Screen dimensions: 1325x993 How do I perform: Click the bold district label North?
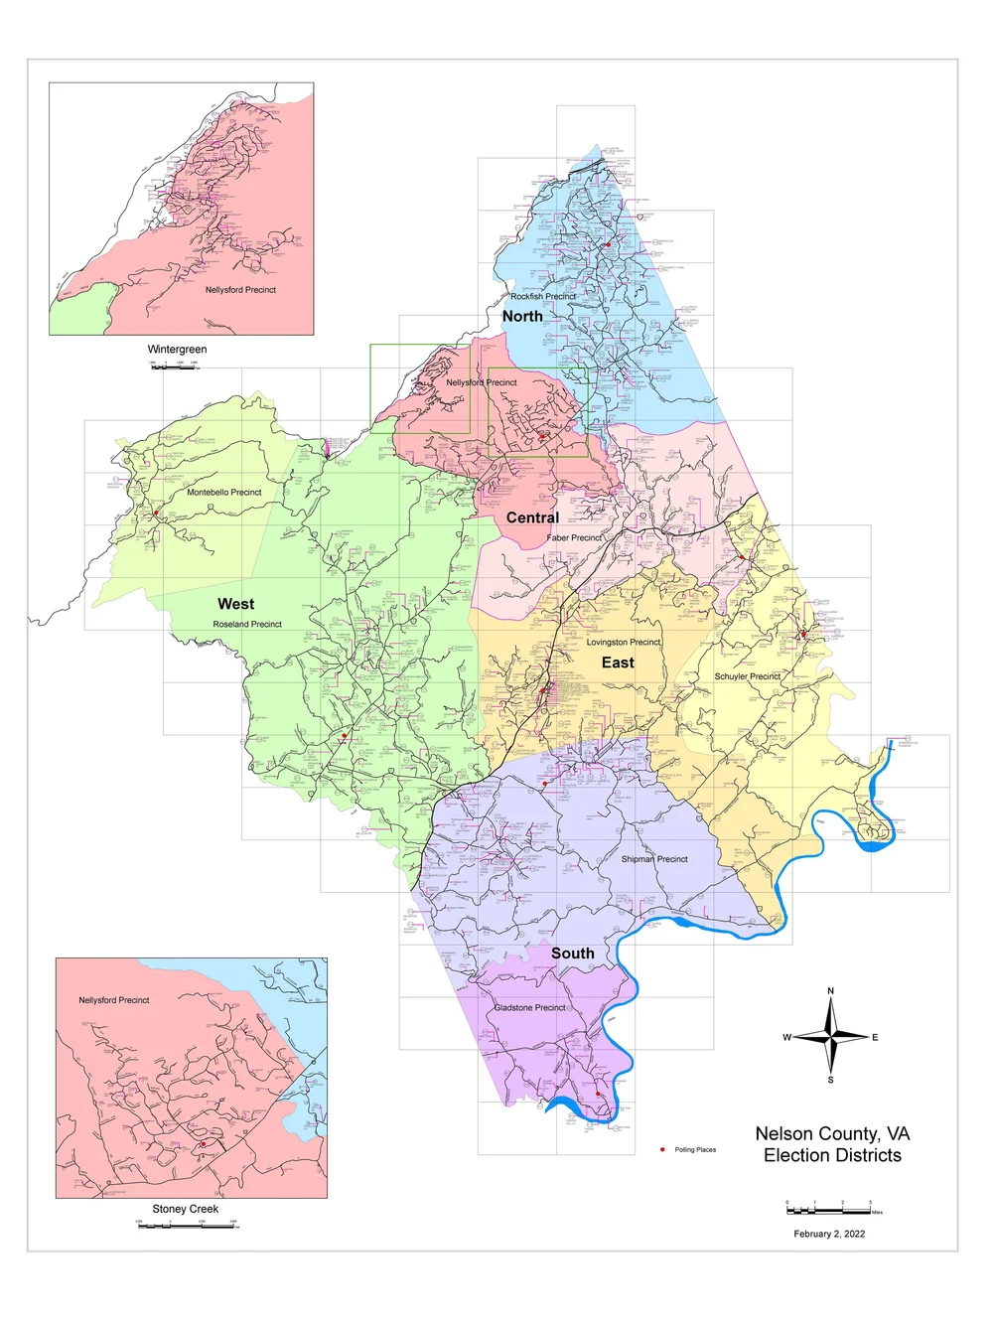(522, 316)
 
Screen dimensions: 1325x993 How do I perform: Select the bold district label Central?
(532, 517)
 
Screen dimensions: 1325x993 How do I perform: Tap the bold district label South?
(573, 954)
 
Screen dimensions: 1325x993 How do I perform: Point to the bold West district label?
(235, 604)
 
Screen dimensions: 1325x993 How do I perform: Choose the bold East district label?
(618, 662)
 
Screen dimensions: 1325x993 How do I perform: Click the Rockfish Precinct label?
(543, 296)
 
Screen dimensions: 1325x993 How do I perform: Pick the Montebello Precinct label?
(224, 492)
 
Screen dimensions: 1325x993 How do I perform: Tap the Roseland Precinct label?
(247, 624)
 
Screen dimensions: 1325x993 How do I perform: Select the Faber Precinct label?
(574, 537)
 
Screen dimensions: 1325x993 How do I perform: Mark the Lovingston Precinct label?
(623, 642)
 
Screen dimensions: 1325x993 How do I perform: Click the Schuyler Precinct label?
(748, 676)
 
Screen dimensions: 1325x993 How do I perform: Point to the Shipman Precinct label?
(654, 859)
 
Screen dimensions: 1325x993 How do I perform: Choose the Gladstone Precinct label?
(529, 1007)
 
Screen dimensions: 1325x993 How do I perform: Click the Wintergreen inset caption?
(177, 349)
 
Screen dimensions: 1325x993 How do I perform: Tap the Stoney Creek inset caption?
(185, 1209)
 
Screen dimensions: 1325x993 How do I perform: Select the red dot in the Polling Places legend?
(662, 1149)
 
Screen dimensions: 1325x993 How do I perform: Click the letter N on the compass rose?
(831, 990)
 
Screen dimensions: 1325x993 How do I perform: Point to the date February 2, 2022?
(829, 1234)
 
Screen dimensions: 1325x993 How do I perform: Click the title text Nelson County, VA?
(832, 1133)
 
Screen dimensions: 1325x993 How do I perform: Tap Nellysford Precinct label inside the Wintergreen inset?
(240, 290)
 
